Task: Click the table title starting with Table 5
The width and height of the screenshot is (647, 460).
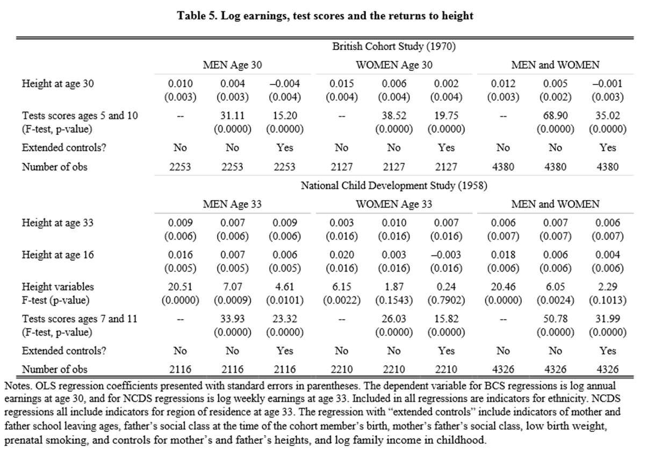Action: [325, 16]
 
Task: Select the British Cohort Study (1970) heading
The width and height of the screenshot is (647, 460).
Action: [394, 46]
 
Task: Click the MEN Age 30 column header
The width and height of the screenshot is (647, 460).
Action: [232, 65]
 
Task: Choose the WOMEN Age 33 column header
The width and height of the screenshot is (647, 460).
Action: [394, 204]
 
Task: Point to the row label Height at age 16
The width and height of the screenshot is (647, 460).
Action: [57, 255]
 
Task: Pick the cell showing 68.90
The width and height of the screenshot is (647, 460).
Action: [555, 116]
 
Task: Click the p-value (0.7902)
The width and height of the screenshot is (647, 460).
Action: [446, 300]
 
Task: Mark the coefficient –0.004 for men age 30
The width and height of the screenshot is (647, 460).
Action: [285, 83]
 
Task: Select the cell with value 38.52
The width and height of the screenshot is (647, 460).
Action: [394, 116]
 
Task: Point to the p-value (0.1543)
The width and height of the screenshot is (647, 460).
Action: [394, 300]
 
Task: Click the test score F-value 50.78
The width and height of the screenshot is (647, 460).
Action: [555, 319]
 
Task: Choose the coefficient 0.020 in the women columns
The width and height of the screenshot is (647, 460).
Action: [341, 255]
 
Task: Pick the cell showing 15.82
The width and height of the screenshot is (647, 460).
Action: [446, 319]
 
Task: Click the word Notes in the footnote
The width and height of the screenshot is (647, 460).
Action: [16, 386]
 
